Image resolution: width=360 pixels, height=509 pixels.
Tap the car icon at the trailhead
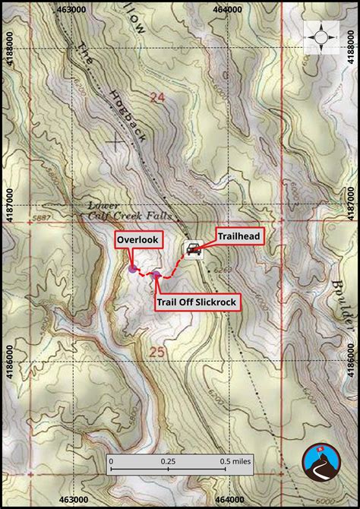pyautogui.click(x=193, y=249)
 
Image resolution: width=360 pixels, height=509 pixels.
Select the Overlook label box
pyautogui.click(x=138, y=240)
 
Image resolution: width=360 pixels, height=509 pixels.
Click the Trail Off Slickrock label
pyautogui.click(x=197, y=302)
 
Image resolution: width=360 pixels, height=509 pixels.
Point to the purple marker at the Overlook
pyautogui.click(x=133, y=268)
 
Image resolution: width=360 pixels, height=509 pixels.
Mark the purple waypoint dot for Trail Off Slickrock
pyautogui.click(x=156, y=275)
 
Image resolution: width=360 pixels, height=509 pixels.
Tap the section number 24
pyautogui.click(x=157, y=97)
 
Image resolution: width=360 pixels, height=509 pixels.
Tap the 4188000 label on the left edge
pyautogui.click(x=7, y=54)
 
